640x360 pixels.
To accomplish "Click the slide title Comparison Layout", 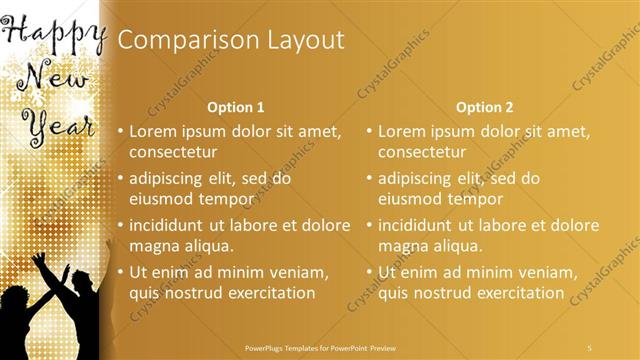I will tap(231, 40).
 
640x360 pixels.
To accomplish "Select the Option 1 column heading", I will tap(235, 107).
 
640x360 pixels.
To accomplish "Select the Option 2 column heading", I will tap(484, 107).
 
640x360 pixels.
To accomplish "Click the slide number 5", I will tap(590, 347).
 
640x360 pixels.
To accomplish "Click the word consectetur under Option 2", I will tap(422, 152).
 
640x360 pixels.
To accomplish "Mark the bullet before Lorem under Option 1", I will tap(120, 131).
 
